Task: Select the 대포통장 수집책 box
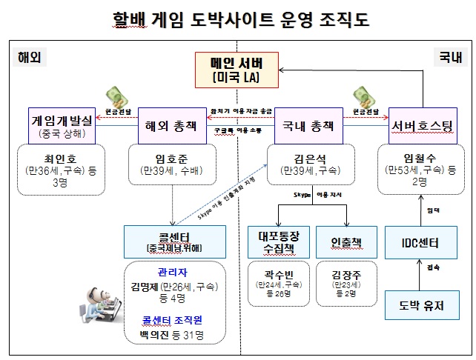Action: [x=277, y=242]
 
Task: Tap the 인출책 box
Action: [x=345, y=242]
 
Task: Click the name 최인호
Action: [x=61, y=157]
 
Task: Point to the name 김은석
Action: [x=307, y=157]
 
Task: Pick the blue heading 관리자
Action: [x=173, y=272]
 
